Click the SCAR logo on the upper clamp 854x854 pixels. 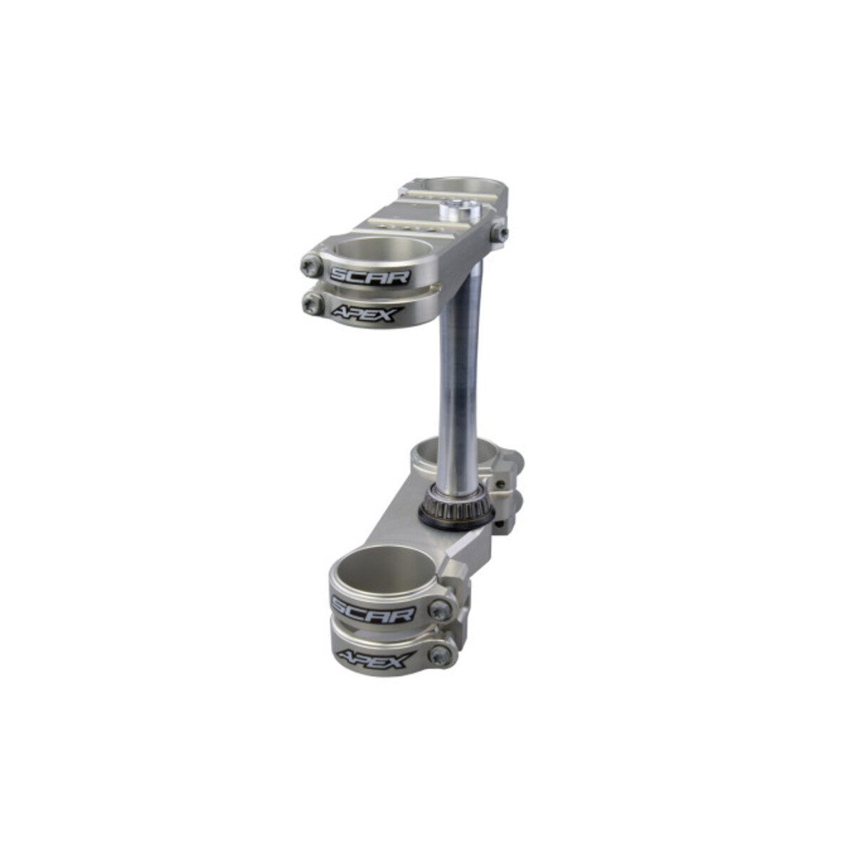tap(369, 277)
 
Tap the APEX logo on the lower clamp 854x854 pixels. tap(376, 660)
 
